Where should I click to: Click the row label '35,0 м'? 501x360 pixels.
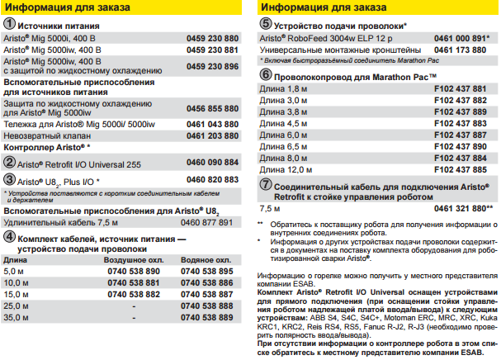point(16,316)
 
